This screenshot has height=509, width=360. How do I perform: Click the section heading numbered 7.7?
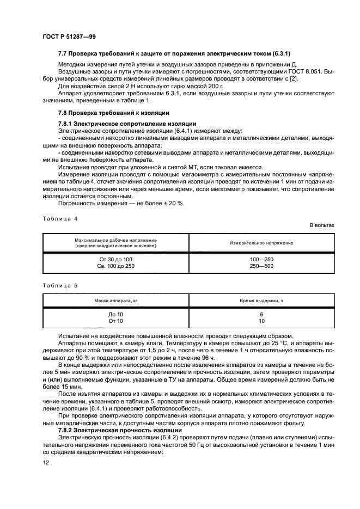point(174,54)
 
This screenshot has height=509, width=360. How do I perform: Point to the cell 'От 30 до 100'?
point(115,259)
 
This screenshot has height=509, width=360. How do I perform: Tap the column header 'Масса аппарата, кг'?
point(115,301)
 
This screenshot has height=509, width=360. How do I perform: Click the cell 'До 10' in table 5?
point(115,315)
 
